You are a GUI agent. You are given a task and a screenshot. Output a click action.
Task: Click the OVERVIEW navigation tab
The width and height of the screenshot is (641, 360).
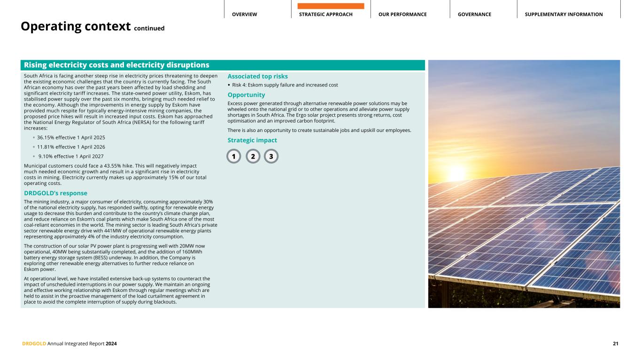pyautogui.click(x=244, y=15)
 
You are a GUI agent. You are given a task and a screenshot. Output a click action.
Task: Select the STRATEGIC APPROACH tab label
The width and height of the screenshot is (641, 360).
pyautogui.click(x=325, y=15)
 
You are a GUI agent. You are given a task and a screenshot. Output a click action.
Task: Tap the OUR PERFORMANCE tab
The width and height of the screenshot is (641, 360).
pyautogui.click(x=402, y=15)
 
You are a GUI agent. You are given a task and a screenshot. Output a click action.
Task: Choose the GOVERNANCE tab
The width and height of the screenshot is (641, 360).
pyautogui.click(x=474, y=15)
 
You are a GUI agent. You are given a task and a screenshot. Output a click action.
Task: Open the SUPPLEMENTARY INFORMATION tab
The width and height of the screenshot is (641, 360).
pyautogui.click(x=564, y=15)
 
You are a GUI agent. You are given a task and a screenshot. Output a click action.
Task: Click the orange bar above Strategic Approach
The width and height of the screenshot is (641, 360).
pyautogui.click(x=331, y=6)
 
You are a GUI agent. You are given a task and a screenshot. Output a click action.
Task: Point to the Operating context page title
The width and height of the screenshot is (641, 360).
pyautogui.click(x=75, y=27)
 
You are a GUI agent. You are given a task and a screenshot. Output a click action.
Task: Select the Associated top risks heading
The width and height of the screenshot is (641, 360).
pyautogui.click(x=257, y=76)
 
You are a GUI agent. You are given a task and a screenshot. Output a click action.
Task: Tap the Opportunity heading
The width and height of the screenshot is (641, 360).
pyautogui.click(x=246, y=95)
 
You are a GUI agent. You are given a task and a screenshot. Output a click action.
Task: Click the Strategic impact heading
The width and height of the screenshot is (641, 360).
pyautogui.click(x=252, y=140)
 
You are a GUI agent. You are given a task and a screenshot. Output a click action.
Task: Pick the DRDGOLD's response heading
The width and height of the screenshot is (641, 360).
pyautogui.click(x=55, y=193)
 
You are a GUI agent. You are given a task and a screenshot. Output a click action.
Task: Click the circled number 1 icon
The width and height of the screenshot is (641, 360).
pyautogui.click(x=233, y=156)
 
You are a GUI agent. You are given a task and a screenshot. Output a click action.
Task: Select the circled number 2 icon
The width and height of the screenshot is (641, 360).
pyautogui.click(x=253, y=156)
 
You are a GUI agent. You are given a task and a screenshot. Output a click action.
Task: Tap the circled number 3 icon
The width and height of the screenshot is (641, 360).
pyautogui.click(x=271, y=156)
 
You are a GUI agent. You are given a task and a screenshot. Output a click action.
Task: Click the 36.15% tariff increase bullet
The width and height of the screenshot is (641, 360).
pyautogui.click(x=71, y=138)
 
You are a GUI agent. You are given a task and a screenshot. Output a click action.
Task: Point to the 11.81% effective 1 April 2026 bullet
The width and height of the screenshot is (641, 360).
pyautogui.click(x=71, y=147)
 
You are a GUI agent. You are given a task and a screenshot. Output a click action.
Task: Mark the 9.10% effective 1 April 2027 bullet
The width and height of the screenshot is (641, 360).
pyautogui.click(x=71, y=156)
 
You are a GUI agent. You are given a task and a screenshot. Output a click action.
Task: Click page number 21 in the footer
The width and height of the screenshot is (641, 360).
pyautogui.click(x=615, y=344)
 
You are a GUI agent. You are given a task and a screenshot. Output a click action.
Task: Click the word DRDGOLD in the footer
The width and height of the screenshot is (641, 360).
pyautogui.click(x=34, y=344)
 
